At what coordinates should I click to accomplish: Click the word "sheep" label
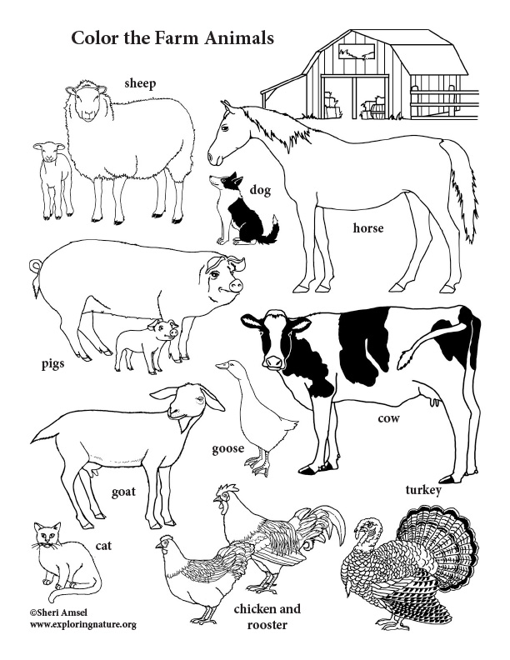tap(141, 82)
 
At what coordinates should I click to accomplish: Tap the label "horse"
tap(367, 227)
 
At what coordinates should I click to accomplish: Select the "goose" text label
tap(227, 448)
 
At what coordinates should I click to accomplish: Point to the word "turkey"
tap(422, 489)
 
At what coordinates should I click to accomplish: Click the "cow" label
tap(388, 417)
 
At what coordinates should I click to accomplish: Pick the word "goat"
tap(123, 492)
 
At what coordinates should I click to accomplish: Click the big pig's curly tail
tap(35, 267)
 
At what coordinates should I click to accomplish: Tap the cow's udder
tap(432, 402)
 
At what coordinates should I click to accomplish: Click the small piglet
tap(147, 341)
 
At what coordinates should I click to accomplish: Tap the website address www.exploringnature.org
tap(71, 624)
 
